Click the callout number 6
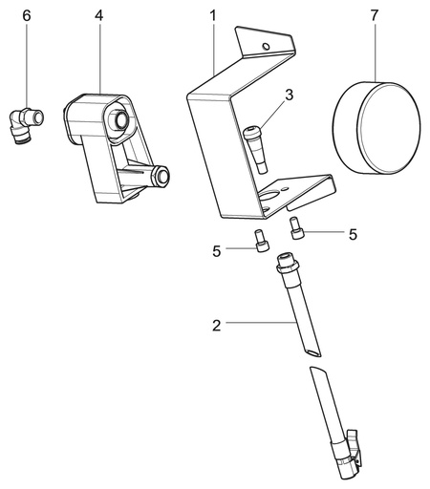coord(27,16)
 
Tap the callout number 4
coord(99,16)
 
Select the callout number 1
coord(213,16)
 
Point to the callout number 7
coord(375,16)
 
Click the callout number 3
coord(289,96)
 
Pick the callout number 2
coord(217,326)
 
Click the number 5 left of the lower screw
coord(217,251)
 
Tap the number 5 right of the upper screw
coord(353,235)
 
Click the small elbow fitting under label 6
coord(26,125)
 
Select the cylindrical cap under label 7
coord(376,128)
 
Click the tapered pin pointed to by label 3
coord(255,150)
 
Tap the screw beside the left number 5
coord(262,241)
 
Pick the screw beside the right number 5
coord(297,228)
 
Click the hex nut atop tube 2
coord(288,266)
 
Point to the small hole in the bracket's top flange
coord(266,47)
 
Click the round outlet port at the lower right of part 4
coord(162,176)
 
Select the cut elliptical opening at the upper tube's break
coord(312,352)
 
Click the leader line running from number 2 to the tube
coord(261,323)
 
